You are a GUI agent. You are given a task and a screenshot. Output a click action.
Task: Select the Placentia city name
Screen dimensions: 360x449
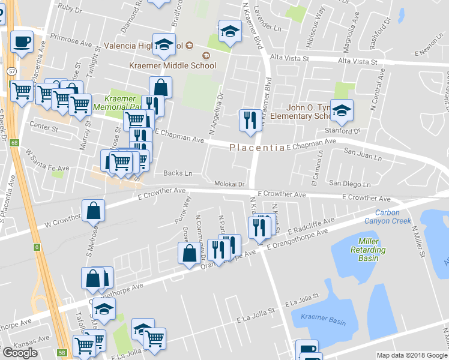pos(258,148)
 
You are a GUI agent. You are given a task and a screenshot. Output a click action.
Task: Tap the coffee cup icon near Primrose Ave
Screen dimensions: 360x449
pos(22,42)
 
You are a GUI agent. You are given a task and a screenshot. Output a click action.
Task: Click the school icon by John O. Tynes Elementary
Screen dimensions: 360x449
pos(342,110)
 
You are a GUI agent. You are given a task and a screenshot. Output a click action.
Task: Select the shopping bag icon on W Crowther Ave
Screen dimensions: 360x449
pos(94,211)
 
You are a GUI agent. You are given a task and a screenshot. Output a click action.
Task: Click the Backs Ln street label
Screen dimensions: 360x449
pos(178,173)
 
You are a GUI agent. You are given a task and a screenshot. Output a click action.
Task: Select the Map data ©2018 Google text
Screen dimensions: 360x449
pos(411,355)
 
